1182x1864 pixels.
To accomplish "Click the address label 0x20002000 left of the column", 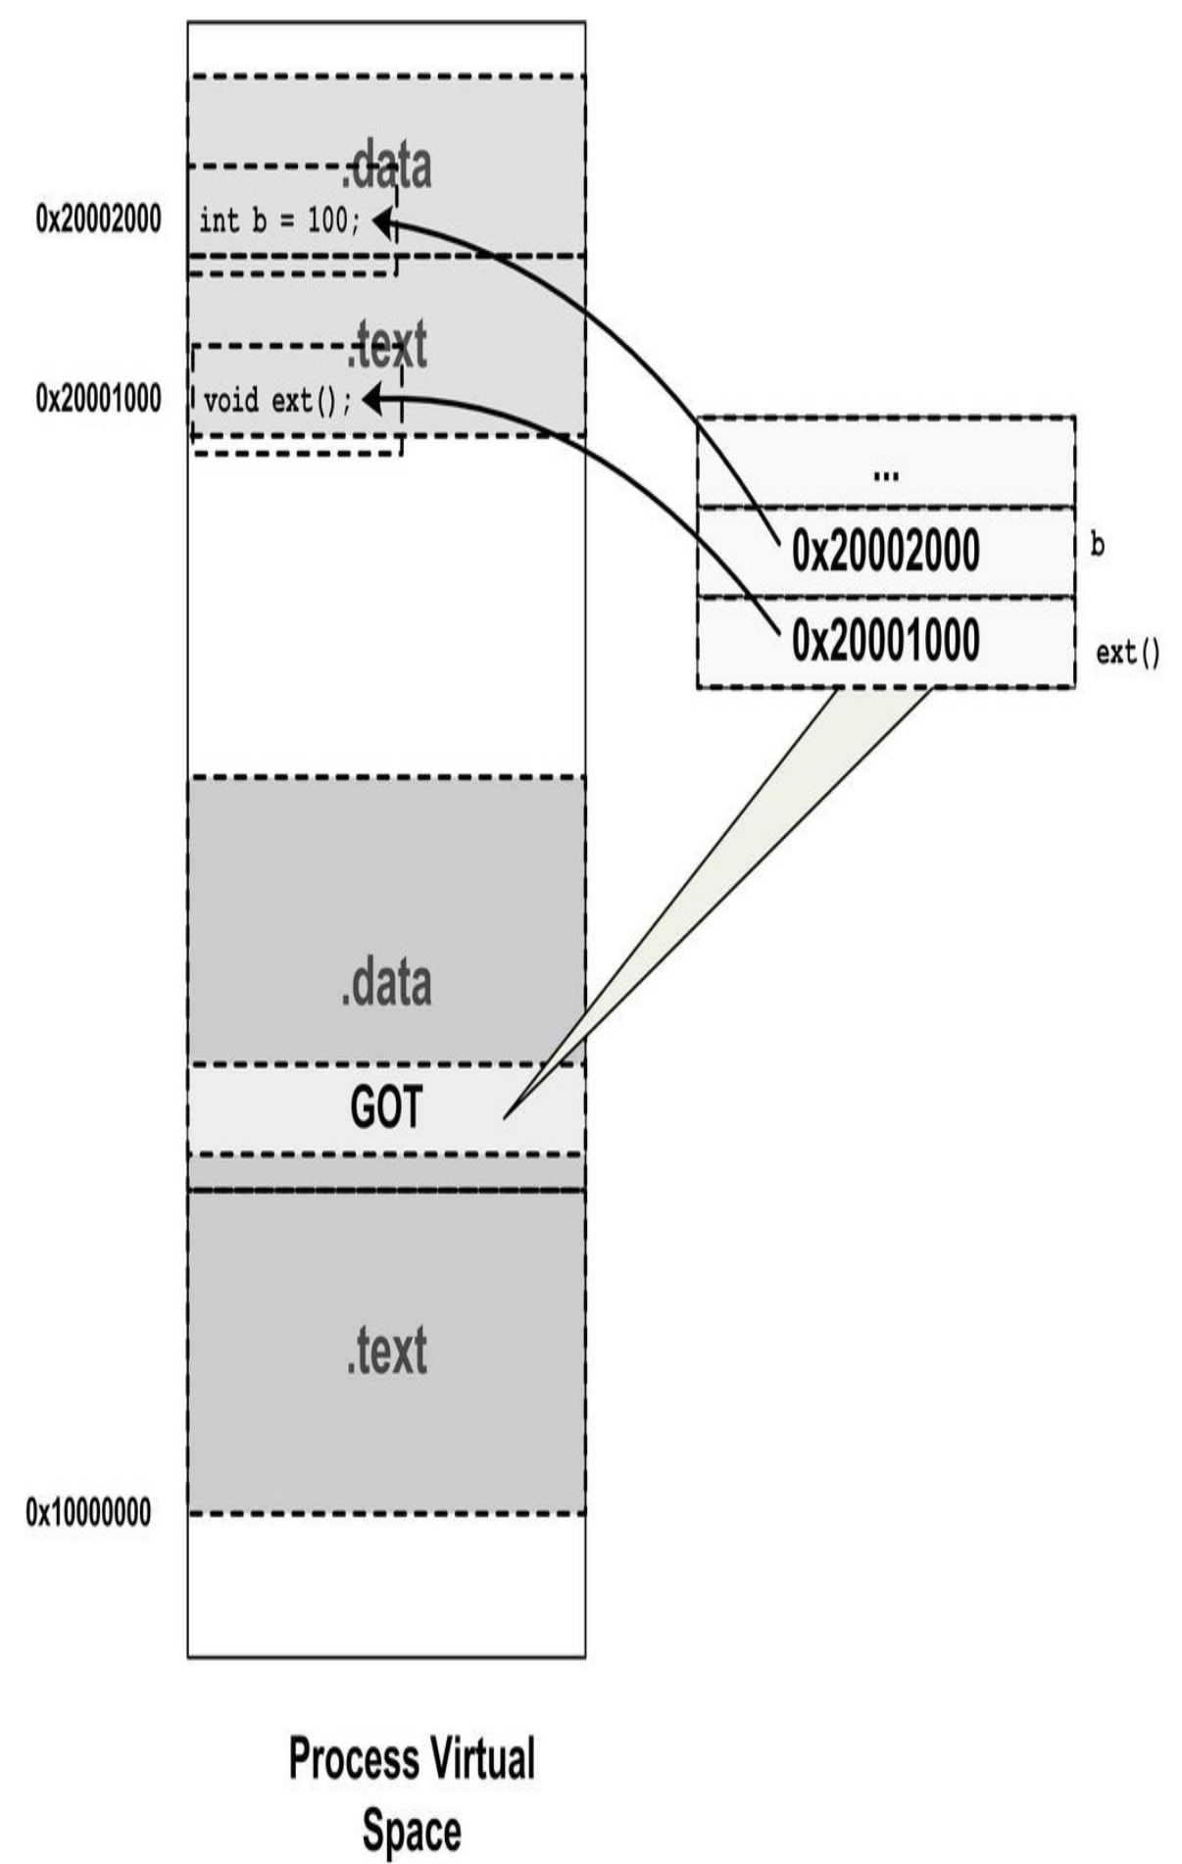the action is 98,219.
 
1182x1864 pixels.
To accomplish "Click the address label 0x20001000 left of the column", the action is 98,398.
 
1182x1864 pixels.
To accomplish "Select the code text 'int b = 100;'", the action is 280,221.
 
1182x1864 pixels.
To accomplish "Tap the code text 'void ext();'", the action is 277,401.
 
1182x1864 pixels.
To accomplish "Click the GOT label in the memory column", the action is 386,1107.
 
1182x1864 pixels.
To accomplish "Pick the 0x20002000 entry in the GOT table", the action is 886,551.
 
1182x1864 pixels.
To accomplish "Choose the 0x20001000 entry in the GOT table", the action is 886,641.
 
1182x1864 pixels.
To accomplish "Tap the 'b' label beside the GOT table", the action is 1098,545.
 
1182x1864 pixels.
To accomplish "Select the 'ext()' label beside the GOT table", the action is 1128,653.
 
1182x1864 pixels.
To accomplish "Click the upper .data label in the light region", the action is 386,167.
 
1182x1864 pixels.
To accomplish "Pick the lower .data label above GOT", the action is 386,983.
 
